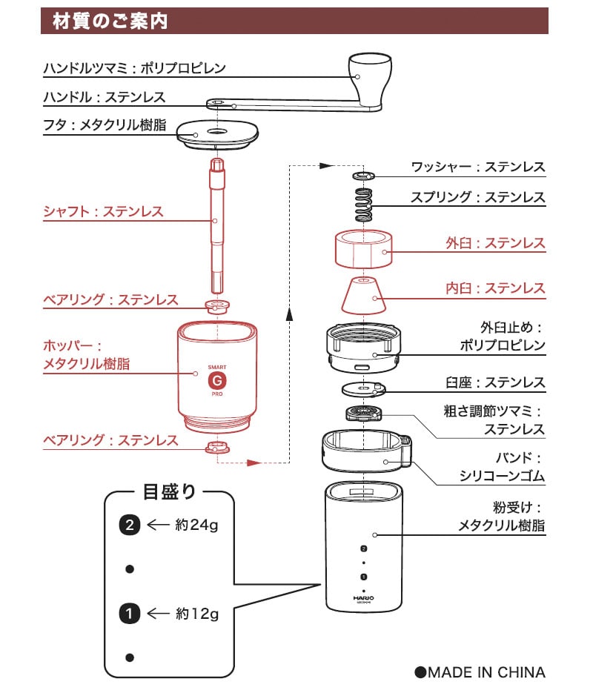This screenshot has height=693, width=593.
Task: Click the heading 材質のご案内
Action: (110, 21)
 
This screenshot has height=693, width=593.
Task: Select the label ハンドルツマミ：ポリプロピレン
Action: (134, 68)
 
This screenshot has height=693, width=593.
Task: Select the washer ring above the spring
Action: (363, 176)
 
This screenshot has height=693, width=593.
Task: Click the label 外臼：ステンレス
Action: (495, 243)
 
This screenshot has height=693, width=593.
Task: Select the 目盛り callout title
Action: (169, 492)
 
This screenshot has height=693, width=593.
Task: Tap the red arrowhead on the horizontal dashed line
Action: (254, 462)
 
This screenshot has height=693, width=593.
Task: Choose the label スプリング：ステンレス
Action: (478, 198)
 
